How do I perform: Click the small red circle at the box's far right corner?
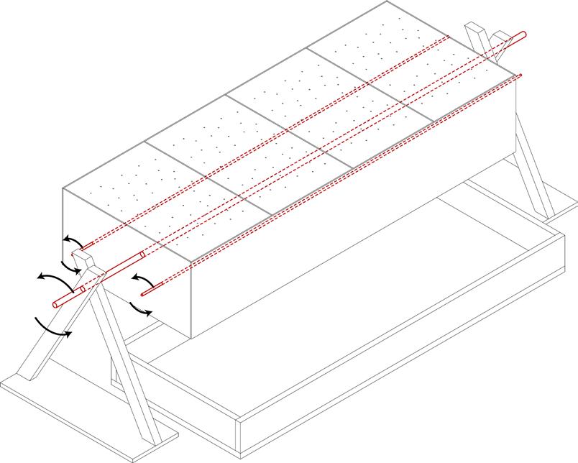pyautogui.click(x=520, y=75)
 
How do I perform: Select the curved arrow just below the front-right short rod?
pyautogui.click(x=141, y=310)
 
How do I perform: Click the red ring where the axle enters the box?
pyautogui.click(x=142, y=255)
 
